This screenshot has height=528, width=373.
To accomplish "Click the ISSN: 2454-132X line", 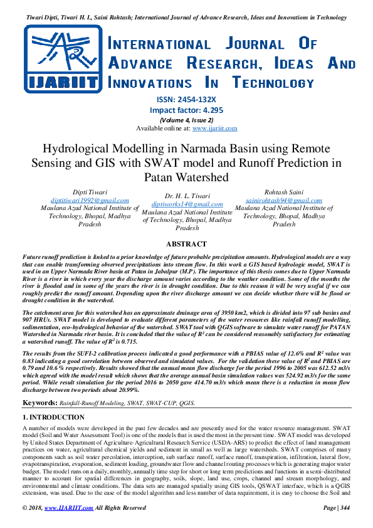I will [186, 100].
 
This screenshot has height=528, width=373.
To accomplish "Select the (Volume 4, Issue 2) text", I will [186, 120].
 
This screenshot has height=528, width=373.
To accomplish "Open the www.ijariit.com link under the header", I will [214, 128].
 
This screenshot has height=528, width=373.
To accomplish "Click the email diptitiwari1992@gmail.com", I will [90, 199].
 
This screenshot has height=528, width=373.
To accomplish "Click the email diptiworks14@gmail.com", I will [187, 204].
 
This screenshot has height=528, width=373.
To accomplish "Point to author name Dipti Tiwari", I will [90, 191].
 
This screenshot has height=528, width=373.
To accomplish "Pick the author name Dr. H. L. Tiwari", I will [187, 196].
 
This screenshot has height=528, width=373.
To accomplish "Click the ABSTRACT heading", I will [186, 244].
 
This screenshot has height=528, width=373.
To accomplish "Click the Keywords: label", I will [41, 402].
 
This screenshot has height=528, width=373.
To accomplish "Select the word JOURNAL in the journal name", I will [236, 45].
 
